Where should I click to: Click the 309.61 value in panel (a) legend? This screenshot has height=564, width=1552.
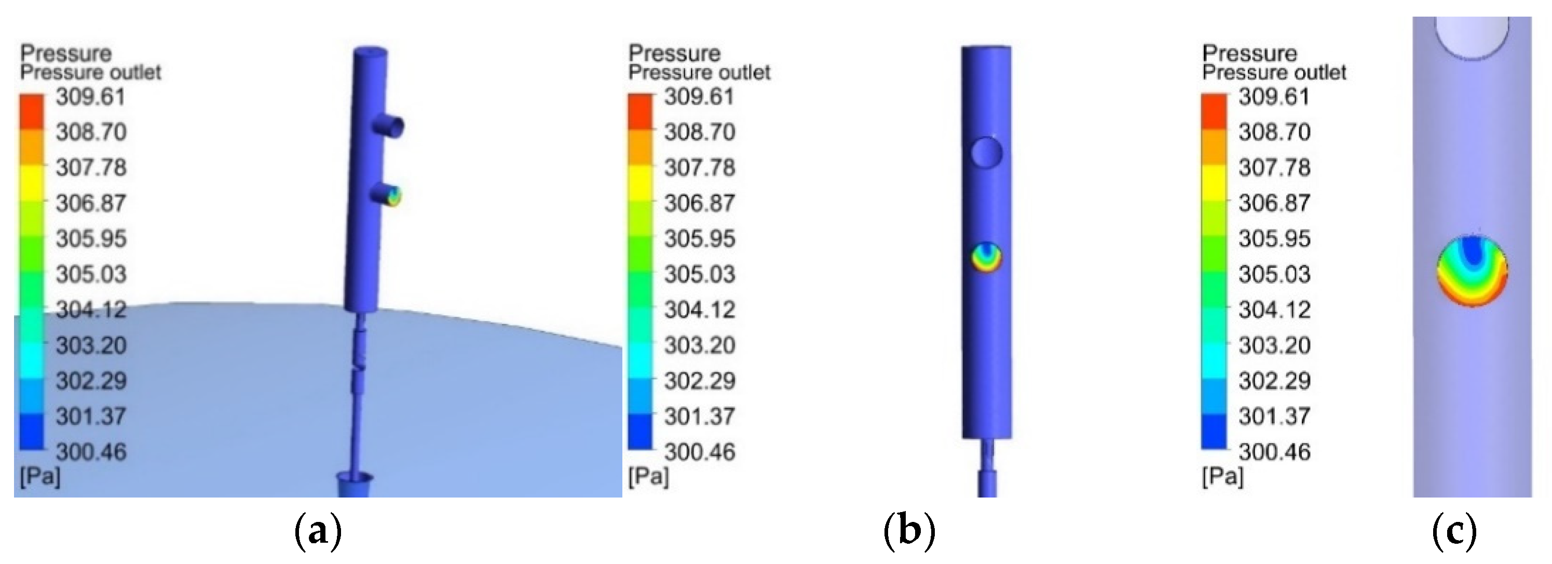90,97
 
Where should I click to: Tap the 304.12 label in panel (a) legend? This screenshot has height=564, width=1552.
91,310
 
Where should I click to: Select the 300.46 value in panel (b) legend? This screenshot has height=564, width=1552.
700,452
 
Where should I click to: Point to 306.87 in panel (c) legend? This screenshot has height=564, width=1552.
1274,203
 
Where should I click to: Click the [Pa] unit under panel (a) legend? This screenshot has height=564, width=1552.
40,477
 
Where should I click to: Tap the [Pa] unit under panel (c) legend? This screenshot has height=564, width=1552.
1222,477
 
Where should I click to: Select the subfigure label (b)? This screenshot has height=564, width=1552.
909,531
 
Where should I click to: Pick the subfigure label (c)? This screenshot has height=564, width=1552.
1454,531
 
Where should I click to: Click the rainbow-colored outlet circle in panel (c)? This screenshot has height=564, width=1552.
1472,270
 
